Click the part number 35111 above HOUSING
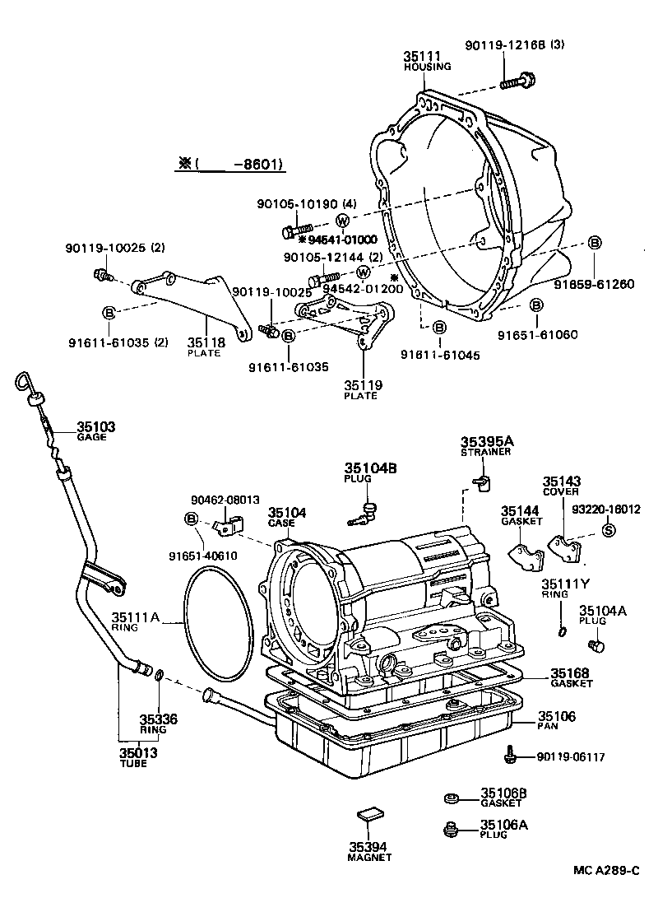(420, 56)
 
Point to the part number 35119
(360, 385)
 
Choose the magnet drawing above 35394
(369, 816)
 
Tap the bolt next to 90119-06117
(510, 755)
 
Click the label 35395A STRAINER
(485, 445)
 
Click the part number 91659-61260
(605, 285)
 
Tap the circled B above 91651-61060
(535, 305)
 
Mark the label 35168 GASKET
(571, 677)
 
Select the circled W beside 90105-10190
(342, 220)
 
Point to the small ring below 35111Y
(561, 630)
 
